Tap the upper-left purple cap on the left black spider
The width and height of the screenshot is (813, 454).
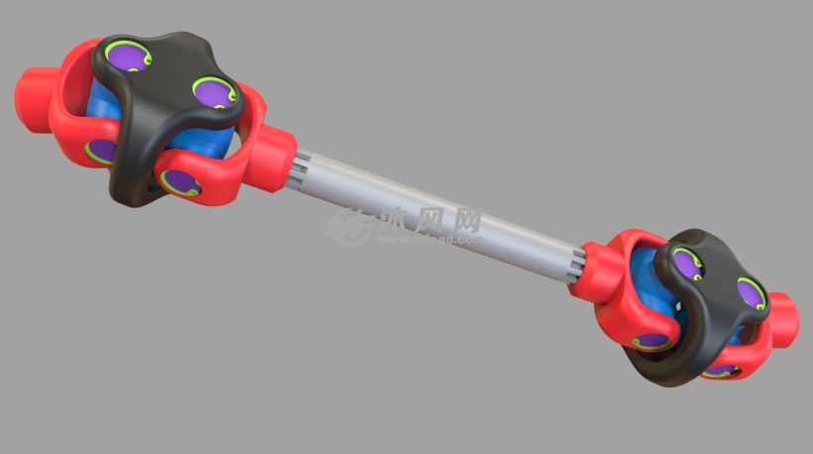128,57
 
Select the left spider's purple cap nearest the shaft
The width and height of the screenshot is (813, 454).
214,93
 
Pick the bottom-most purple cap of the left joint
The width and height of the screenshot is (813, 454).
179,181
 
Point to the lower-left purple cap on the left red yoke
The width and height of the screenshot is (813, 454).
100,150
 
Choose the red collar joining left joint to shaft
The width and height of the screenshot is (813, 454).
274,158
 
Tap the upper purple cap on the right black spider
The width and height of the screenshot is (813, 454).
686,262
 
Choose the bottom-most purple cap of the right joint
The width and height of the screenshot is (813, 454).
721,370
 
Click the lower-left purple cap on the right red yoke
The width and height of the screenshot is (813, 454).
650,340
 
